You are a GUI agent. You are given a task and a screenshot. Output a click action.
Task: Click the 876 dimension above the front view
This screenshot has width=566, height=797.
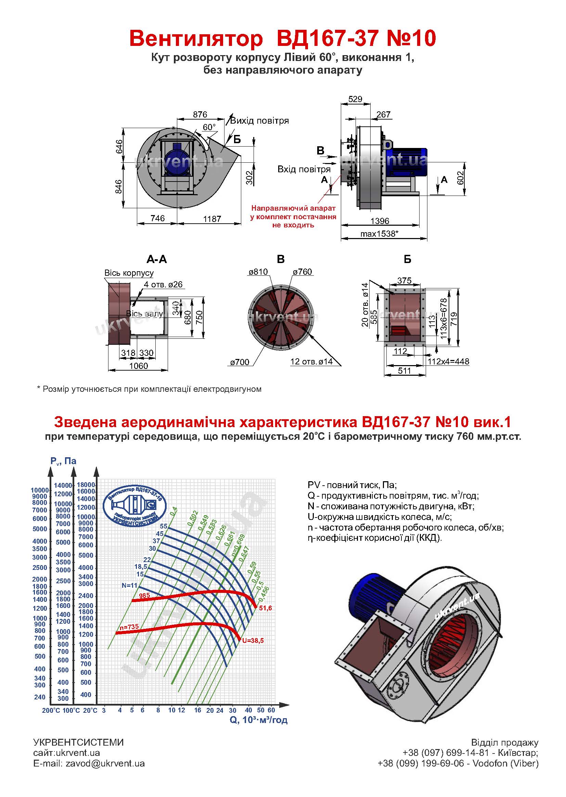200,114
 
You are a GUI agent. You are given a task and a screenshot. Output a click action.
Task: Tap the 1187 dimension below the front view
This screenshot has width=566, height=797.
212,219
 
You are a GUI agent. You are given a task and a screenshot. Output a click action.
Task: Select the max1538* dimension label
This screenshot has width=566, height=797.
379,233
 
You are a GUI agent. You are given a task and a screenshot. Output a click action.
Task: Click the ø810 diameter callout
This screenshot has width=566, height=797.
258,272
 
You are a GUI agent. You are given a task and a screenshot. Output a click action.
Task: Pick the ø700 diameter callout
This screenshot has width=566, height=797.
240,362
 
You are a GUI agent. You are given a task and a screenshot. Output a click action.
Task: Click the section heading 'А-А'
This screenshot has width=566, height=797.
156,259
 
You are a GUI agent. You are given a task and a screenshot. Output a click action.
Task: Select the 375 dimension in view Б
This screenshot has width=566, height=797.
404,281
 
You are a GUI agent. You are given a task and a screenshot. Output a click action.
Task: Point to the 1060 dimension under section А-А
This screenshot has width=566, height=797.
138,366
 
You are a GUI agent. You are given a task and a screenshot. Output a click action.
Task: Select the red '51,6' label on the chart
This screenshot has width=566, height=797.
266,608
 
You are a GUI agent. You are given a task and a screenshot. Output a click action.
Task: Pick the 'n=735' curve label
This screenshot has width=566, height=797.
129,627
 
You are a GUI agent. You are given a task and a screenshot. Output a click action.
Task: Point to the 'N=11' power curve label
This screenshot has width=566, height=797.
129,585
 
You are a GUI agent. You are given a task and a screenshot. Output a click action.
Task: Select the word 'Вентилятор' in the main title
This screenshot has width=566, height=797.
196,38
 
